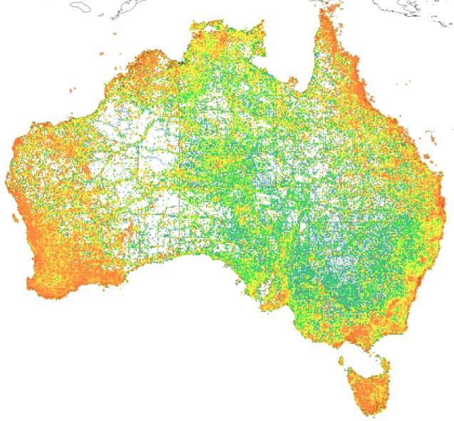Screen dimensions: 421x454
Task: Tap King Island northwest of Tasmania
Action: pyautogui.click(x=341, y=359)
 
